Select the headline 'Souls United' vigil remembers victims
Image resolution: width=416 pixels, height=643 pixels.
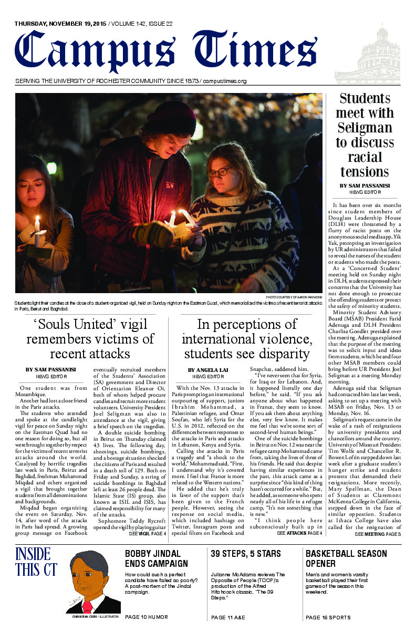point(90,339)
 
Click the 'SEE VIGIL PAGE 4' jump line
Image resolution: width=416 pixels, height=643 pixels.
point(148,534)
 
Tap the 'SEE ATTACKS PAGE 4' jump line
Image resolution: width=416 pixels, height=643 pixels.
point(299,533)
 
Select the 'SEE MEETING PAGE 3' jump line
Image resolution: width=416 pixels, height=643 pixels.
point(378,534)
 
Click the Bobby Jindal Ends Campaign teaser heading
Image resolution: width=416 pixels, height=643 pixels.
point(153,559)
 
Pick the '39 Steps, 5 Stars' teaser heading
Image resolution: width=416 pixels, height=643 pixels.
point(246,554)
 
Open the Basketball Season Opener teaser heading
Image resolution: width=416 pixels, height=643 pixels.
point(346,559)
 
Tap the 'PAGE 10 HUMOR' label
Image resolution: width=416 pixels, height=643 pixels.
point(147,617)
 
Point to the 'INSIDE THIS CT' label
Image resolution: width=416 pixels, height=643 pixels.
point(33,562)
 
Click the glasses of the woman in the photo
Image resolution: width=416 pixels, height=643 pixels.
point(218,172)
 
